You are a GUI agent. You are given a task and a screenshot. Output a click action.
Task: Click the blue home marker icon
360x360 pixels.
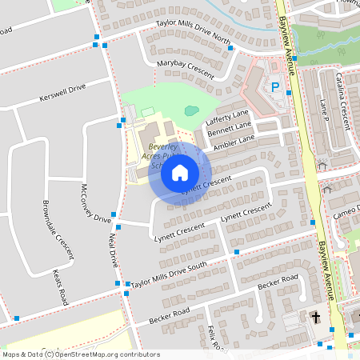(180, 172)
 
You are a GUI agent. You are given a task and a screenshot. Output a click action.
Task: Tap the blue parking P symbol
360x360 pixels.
(276, 87)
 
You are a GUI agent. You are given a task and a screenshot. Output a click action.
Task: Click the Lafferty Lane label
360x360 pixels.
(228, 117)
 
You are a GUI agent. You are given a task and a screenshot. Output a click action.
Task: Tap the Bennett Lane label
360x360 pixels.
(230, 128)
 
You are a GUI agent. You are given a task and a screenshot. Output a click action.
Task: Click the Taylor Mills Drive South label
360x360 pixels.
(169, 274)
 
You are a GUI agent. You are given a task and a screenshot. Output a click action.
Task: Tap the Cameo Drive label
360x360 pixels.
(347, 212)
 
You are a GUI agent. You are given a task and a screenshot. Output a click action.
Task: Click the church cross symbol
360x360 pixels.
(316, 318)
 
